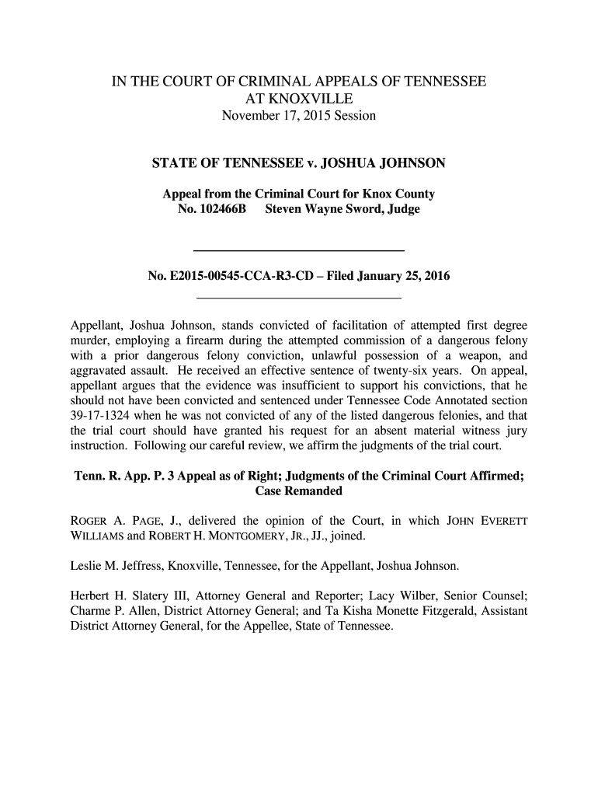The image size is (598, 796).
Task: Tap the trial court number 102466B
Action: (212, 210)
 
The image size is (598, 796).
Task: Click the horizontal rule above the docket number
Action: (298, 250)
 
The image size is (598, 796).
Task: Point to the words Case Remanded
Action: (298, 492)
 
